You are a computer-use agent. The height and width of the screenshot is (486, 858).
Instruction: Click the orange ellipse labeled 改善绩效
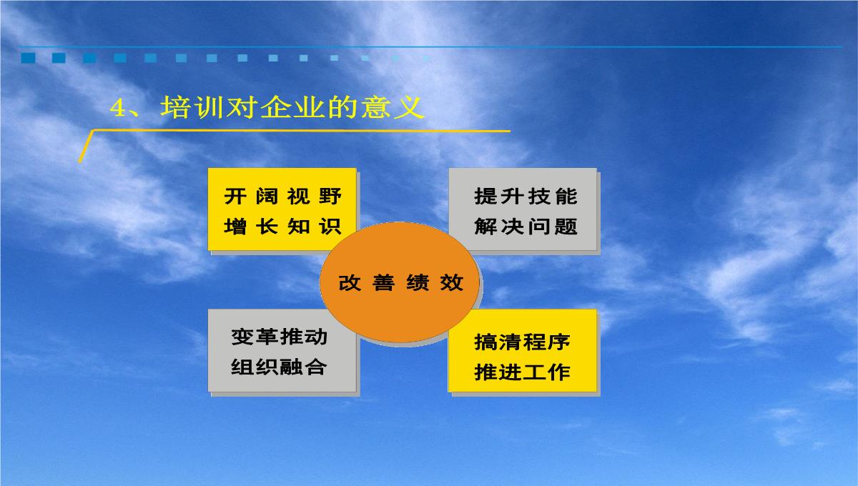point(400,282)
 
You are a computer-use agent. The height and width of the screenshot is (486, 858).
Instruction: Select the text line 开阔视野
point(282,197)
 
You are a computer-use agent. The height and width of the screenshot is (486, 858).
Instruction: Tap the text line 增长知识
point(282,227)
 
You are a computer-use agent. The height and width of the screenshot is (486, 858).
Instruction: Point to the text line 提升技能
point(526,197)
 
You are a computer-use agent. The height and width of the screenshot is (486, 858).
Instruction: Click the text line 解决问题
point(526,227)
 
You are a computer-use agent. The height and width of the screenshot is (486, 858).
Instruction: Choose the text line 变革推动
point(279,337)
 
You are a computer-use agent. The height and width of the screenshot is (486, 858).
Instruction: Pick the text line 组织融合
point(279,367)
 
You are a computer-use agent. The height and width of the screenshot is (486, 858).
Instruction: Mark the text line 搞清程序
point(522,342)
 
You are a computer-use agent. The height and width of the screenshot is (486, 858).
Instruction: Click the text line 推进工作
point(522,372)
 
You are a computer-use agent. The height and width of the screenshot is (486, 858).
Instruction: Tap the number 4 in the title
point(118,108)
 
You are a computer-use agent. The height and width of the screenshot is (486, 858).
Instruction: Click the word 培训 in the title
point(192,107)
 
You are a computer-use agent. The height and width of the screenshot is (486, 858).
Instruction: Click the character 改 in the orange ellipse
point(350,283)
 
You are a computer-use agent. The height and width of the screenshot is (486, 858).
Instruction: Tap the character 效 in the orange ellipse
point(452,283)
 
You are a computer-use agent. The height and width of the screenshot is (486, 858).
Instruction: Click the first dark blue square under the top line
point(28,58)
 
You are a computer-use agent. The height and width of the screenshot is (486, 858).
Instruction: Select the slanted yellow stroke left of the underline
point(86,147)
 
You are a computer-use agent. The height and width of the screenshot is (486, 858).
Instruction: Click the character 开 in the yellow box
point(235,197)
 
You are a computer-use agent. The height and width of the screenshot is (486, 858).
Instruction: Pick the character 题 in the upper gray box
point(566,227)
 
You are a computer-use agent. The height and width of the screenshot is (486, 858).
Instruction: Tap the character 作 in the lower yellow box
point(559,372)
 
